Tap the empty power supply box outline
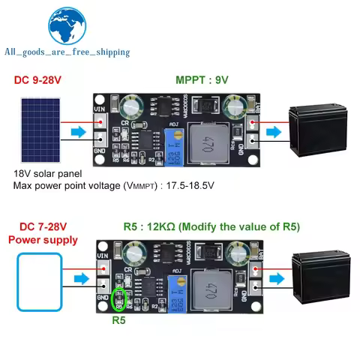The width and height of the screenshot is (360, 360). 40,279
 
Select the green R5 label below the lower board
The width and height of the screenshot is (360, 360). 118,320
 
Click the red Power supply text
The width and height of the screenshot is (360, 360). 43,240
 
